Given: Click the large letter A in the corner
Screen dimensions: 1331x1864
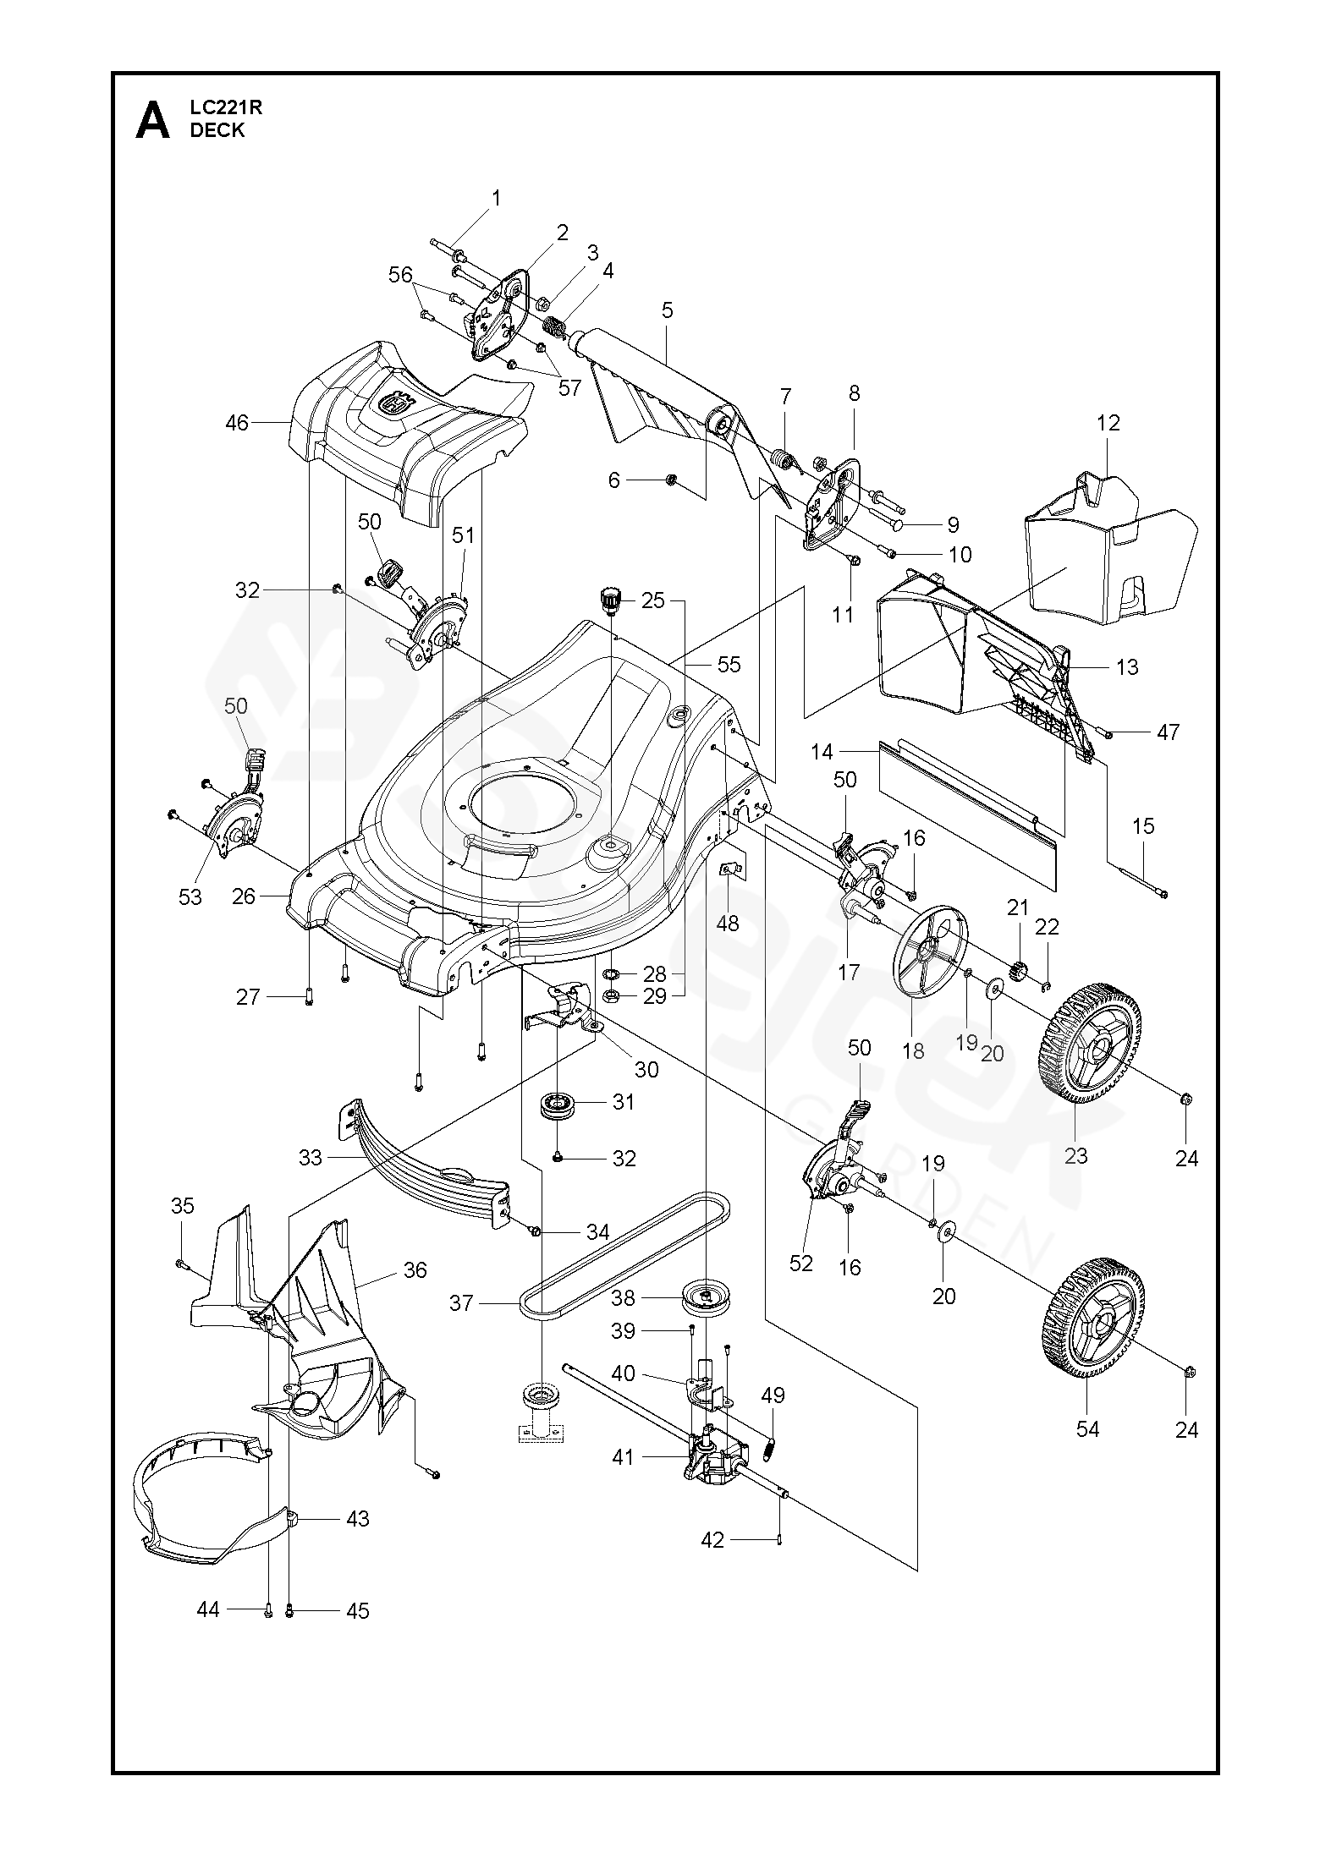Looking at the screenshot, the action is [152, 120].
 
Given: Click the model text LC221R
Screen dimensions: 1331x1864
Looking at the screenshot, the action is [216, 107].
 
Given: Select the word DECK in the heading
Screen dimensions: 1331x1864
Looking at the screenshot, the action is [217, 130].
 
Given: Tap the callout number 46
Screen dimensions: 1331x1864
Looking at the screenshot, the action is [238, 422].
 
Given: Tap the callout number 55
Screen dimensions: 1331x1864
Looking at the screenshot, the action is [729, 665].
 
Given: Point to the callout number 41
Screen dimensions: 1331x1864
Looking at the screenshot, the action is [623, 1457].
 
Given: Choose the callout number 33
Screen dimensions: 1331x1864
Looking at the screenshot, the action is [311, 1158].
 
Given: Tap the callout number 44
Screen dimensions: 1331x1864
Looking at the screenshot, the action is [208, 1609].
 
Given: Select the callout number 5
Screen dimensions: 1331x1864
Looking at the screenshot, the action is [668, 310].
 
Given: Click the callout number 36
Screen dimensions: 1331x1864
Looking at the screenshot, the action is [415, 1269].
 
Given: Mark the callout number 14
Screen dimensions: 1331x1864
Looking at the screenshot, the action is [822, 751].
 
